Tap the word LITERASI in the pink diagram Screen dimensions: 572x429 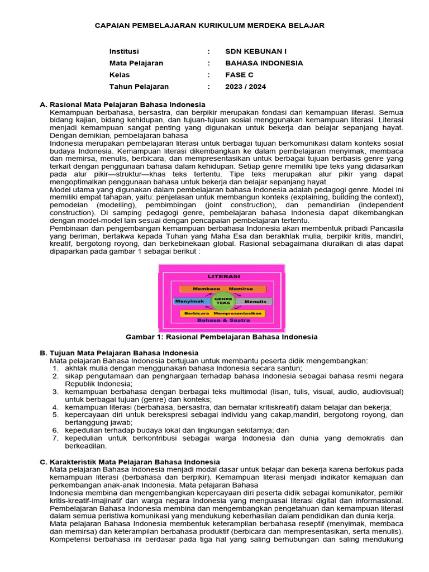[223, 277]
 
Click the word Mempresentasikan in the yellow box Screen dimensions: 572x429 [240, 313]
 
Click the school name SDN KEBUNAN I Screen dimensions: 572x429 [255, 51]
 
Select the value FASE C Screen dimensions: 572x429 [239, 75]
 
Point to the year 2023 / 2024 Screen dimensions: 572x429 [245, 87]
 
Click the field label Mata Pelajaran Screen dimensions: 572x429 [136, 63]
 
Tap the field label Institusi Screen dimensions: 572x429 [124, 51]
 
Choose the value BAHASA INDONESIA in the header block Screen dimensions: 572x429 [264, 63]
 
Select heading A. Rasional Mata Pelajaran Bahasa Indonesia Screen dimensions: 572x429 [122, 104]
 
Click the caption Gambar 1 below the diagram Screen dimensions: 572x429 [221, 337]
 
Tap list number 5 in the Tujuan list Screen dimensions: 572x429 [56, 415]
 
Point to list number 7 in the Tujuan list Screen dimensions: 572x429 [56, 438]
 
